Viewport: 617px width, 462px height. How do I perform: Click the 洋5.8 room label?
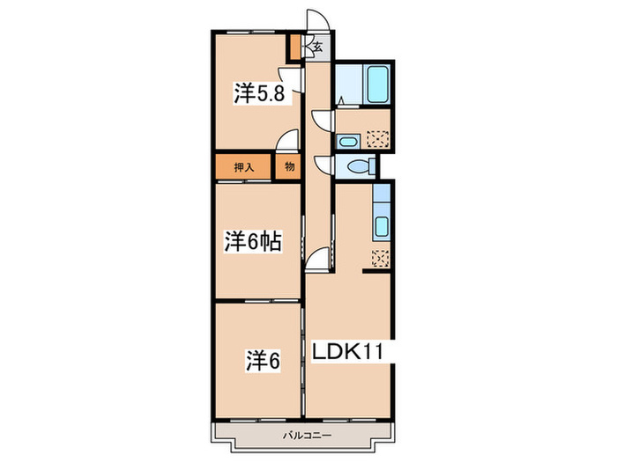(259, 93)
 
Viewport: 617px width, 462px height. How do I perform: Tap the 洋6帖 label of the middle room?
(251, 242)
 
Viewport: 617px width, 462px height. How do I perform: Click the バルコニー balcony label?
(306, 435)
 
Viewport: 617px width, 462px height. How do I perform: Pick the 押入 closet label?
(243, 166)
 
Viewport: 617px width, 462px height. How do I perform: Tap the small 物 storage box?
(287, 166)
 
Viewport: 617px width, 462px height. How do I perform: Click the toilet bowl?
(358, 167)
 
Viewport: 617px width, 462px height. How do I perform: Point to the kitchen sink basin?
(381, 227)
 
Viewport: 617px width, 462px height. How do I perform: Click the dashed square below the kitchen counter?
(380, 258)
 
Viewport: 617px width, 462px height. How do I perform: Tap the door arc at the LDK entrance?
(318, 256)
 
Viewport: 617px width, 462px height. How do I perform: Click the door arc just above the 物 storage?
(286, 141)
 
